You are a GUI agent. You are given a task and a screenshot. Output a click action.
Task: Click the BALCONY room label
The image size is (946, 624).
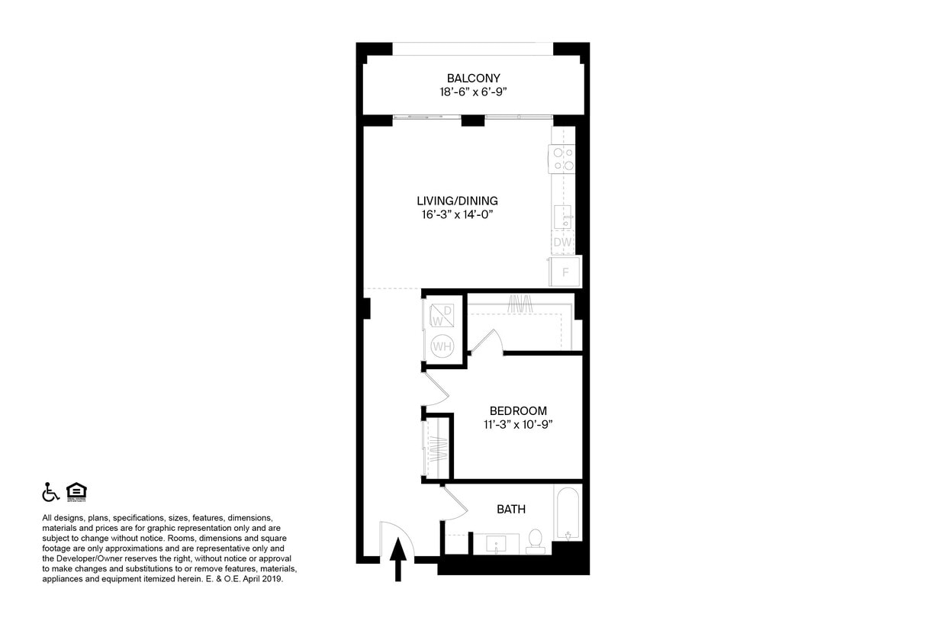tap(473, 78)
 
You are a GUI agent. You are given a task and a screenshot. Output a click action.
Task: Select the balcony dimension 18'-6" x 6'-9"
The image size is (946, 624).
tap(473, 92)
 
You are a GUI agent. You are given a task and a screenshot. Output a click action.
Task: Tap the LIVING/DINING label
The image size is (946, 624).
tap(457, 201)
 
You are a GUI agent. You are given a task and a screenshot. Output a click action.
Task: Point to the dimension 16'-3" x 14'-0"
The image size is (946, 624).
tap(457, 214)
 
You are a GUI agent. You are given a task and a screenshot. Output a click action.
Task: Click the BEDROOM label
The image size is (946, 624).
tap(518, 410)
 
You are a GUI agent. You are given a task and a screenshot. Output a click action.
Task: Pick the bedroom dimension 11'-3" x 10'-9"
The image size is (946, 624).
tap(518, 424)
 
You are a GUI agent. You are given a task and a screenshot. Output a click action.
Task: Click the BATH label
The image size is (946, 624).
tap(510, 509)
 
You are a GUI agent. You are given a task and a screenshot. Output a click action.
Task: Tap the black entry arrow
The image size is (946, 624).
tap(397, 561)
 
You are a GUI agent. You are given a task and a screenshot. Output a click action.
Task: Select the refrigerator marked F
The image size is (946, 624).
tap(565, 272)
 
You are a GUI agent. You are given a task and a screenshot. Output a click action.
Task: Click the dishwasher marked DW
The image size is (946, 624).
tap(562, 243)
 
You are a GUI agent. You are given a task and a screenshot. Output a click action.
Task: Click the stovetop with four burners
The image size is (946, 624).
tap(563, 159)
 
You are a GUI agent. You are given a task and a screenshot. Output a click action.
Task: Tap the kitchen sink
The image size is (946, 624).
tap(563, 217)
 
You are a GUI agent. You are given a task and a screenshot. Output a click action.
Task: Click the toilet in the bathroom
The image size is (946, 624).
tap(536, 539)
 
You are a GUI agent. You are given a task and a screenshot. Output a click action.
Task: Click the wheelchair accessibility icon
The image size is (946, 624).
tap(50, 492)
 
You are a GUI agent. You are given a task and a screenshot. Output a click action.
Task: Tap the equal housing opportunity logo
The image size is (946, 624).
tap(76, 492)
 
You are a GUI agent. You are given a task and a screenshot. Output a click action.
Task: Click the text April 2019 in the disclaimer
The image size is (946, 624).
tap(262, 579)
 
